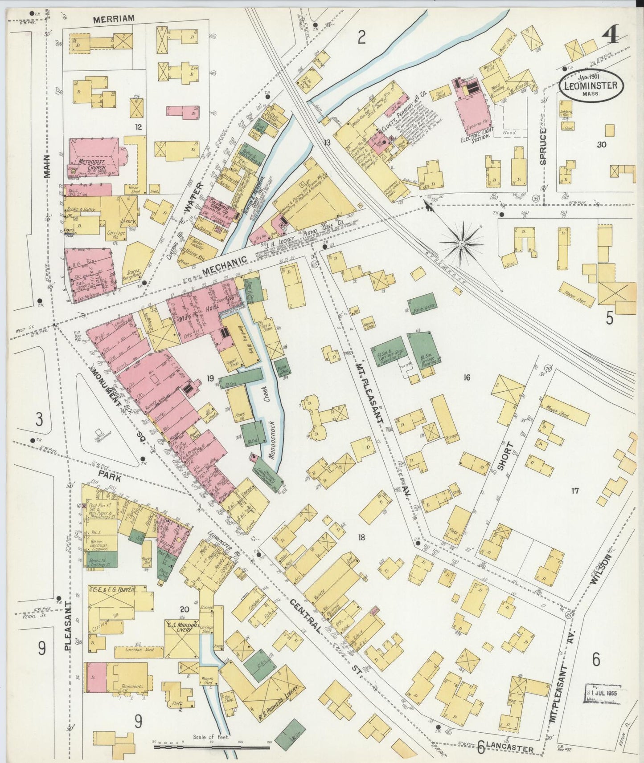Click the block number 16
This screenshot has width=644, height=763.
pos(467,378)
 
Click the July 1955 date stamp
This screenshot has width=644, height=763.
pos(602,695)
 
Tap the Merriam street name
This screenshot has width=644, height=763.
pos(113,18)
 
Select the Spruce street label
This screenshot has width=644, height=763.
pos(543,147)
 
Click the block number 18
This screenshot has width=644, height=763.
pos(361,537)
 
